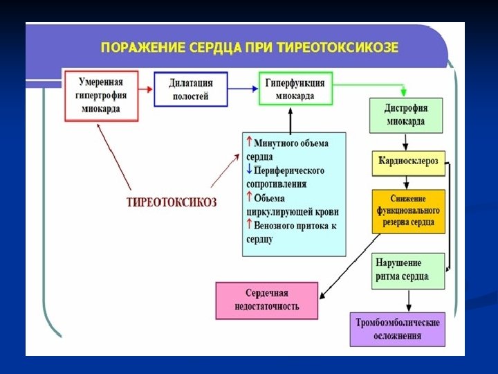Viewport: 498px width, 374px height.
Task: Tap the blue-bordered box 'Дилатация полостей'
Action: [190, 89]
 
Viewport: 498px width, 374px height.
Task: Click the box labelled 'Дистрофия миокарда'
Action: [405, 116]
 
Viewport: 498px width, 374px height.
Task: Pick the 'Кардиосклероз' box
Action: [407, 161]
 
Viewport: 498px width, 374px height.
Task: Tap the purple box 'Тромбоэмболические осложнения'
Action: [397, 328]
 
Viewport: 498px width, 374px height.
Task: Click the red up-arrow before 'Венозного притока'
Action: [250, 225]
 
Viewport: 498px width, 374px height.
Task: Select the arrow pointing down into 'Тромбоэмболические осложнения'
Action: [408, 301]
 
